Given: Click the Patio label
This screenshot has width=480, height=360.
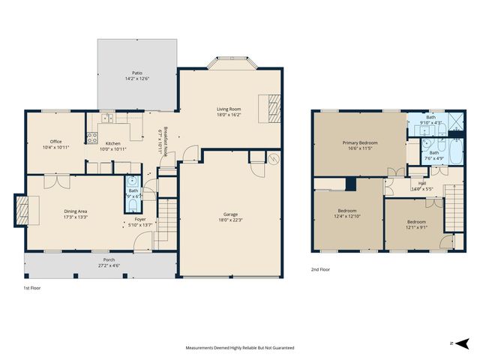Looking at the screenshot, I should click(x=137, y=73).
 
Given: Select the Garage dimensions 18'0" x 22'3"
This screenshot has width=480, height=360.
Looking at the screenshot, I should click(x=230, y=220).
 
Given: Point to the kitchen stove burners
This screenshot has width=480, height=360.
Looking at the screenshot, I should click(x=93, y=137).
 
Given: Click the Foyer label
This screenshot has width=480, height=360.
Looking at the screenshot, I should click(x=140, y=219).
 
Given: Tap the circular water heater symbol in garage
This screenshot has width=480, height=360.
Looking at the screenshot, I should click(x=273, y=158).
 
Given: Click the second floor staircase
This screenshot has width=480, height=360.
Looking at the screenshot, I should click(x=453, y=207).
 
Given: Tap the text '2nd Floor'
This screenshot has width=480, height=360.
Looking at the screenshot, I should click(x=319, y=269).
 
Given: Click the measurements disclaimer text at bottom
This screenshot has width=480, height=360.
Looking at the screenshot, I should click(x=240, y=348).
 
